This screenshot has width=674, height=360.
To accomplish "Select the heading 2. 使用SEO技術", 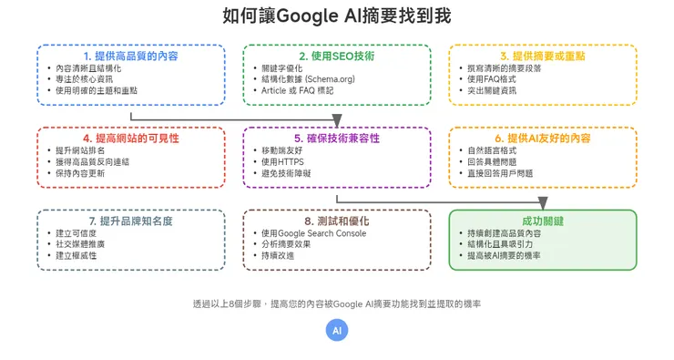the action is [x=336, y=56].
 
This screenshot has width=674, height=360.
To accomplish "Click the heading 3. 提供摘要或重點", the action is [x=543, y=56].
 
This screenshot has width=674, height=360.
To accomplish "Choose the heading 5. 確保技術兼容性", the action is [x=336, y=139].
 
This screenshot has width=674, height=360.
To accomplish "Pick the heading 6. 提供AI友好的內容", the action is [x=543, y=139].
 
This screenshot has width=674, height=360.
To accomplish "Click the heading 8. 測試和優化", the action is [x=336, y=221].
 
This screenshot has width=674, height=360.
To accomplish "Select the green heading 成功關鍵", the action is [x=543, y=221].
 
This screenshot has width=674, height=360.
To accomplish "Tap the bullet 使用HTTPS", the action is [x=285, y=161].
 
